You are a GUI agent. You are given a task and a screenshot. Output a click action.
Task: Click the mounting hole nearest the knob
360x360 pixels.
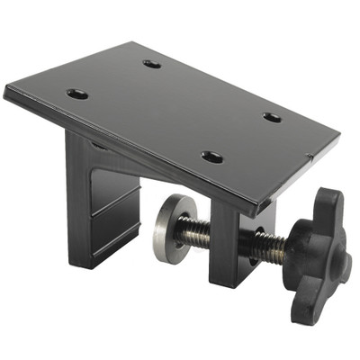212,157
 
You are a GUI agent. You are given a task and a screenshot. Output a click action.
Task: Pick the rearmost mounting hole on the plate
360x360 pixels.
151,64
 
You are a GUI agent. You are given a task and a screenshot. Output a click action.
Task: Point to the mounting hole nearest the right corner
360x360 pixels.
272,116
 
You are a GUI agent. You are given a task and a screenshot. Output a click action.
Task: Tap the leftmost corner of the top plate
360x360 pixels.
7,90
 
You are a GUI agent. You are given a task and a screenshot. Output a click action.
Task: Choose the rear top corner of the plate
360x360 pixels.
132,42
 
